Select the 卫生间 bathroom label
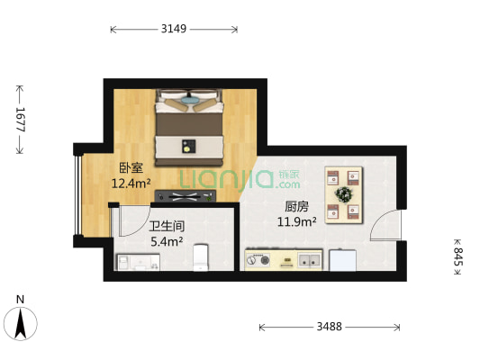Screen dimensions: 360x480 click(167, 227)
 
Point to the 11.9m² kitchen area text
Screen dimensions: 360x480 click(295, 221)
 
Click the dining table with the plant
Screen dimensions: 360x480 click(344, 193)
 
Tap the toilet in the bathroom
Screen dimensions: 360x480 click(202, 258)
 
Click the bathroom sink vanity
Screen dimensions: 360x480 click(137, 262)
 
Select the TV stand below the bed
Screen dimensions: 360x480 click(189, 196)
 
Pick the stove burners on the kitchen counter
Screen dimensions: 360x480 click(262, 262)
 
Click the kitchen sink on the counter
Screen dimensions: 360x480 click(310, 262)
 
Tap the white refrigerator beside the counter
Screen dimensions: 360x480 click(345, 259)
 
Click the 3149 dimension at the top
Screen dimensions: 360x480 click(173, 29)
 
